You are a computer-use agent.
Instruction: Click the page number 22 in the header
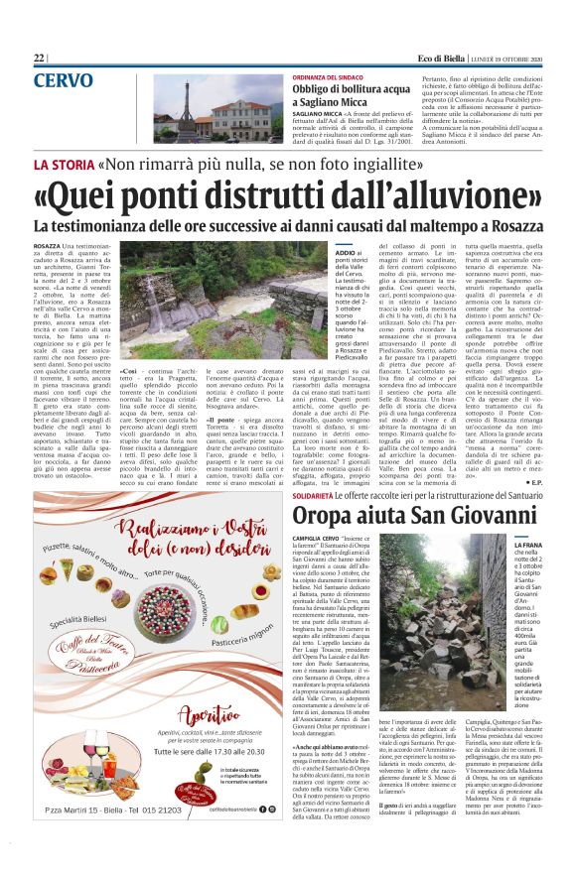40,59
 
